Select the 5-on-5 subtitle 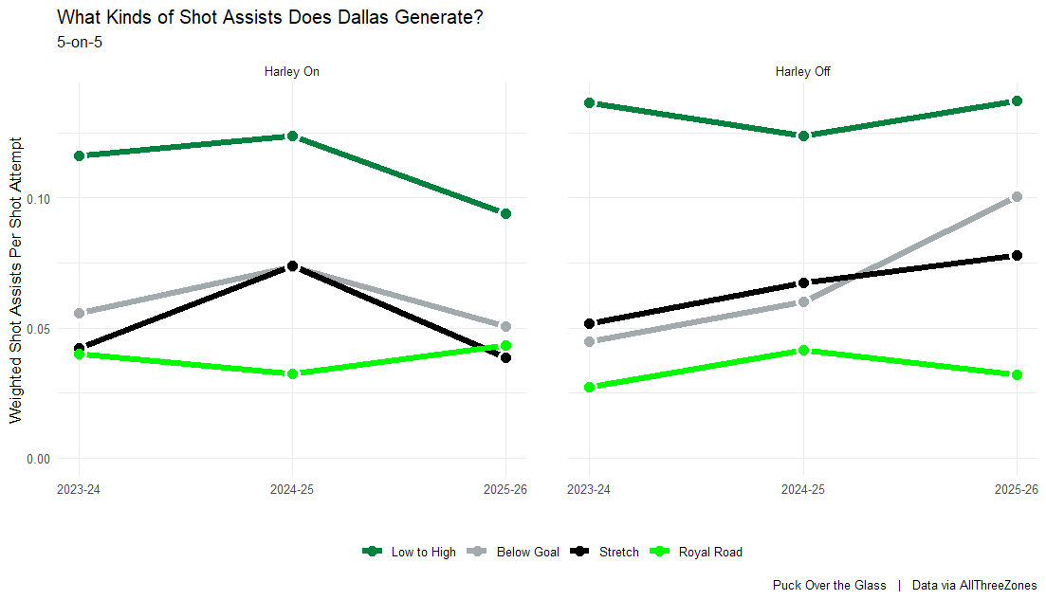click(80, 42)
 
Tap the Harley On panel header click(292, 72)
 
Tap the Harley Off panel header click(803, 72)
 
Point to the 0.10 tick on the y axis click(38, 198)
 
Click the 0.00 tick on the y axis click(38, 459)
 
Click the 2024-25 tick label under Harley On click(292, 489)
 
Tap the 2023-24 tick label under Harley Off click(590, 489)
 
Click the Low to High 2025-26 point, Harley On click(505, 213)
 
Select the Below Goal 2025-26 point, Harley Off click(1017, 196)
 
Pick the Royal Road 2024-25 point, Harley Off click(803, 350)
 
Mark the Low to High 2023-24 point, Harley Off click(590, 102)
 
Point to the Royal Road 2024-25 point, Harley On click(292, 373)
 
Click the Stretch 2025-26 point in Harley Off click(1017, 255)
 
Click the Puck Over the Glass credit click(829, 586)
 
